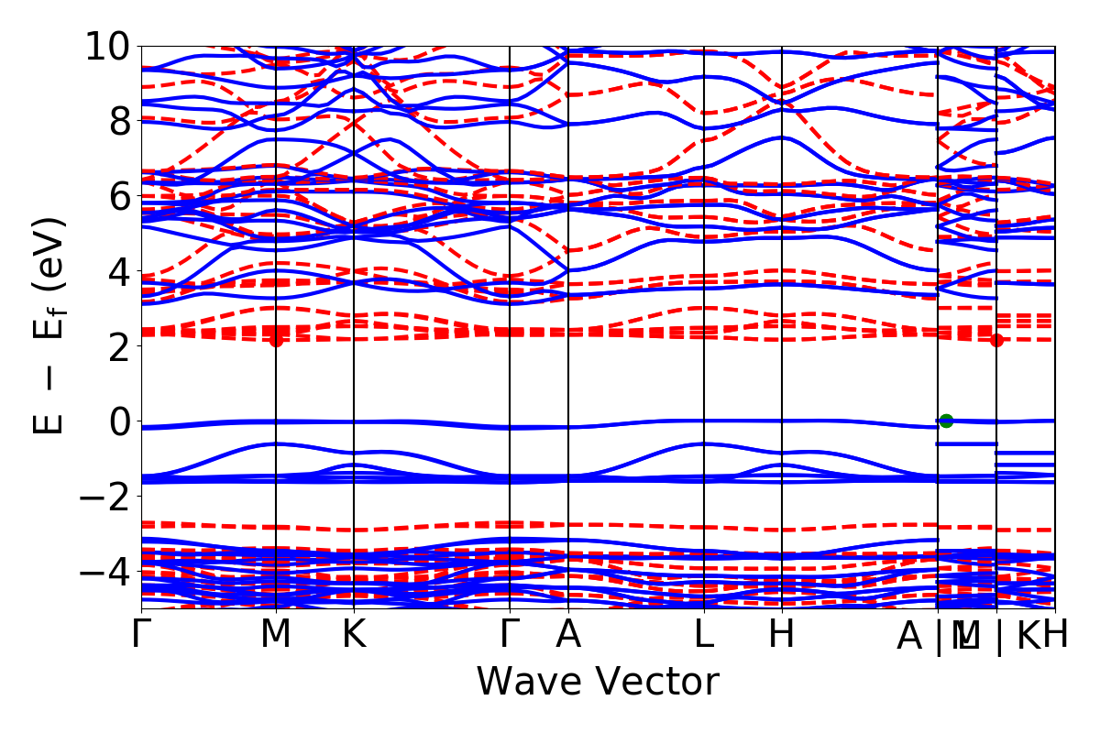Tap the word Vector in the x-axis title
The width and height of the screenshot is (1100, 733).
point(654,682)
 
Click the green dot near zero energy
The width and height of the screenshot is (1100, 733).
point(946,421)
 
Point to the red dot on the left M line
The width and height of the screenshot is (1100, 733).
point(276,340)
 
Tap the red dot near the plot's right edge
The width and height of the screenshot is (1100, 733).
point(996,340)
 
